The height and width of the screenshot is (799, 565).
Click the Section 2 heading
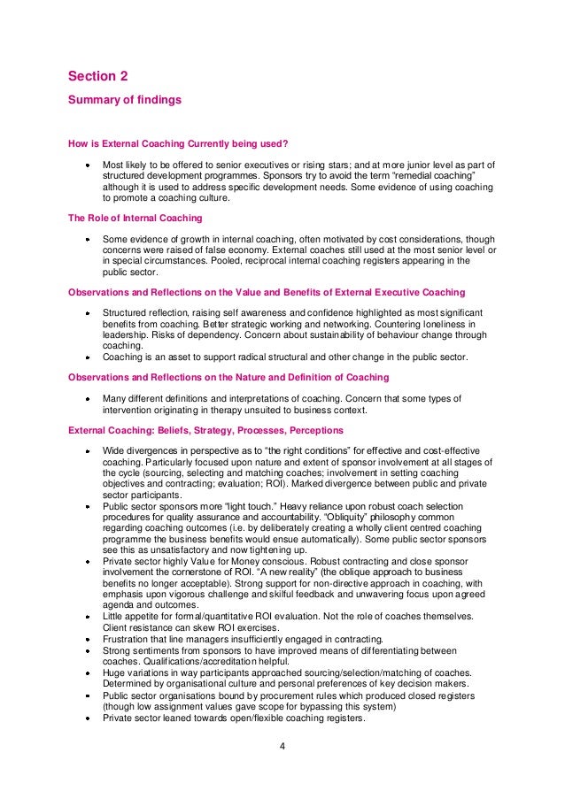click(97, 77)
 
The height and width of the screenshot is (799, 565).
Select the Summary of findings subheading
click(125, 100)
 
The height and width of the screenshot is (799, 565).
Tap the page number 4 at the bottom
click(282, 747)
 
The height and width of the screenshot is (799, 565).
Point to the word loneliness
click(425, 324)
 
